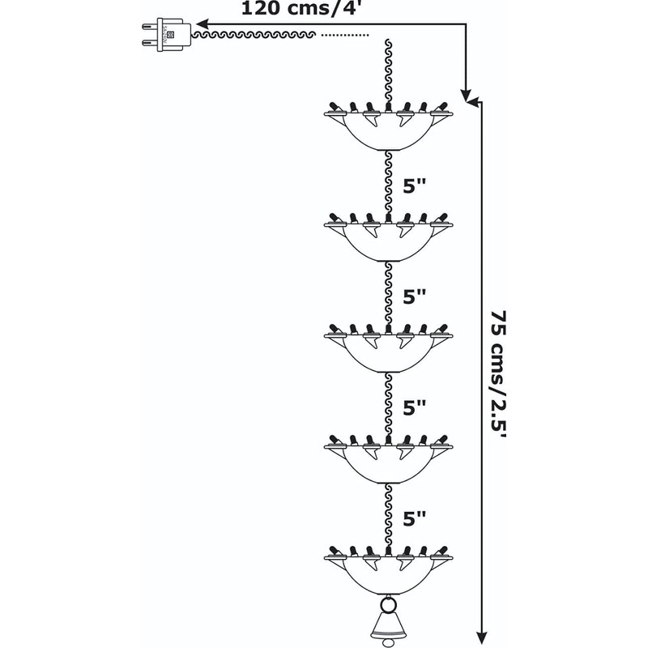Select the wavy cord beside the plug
(x=255, y=36)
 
